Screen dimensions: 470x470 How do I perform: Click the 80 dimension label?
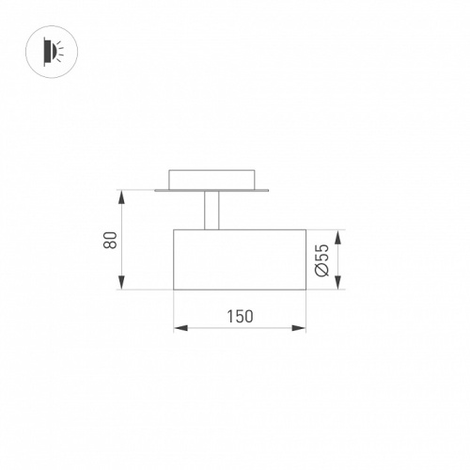click(110, 241)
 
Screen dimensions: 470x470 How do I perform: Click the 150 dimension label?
click(240, 316)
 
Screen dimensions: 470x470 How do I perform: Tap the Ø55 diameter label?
click(322, 260)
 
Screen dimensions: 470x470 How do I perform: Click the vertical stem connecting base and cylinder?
click(211, 211)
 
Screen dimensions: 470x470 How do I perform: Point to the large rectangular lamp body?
click(240, 259)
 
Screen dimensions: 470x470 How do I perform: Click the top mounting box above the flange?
click(211, 180)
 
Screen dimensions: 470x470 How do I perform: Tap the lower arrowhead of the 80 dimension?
click(122, 282)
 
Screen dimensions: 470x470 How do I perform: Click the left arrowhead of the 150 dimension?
click(181, 328)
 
